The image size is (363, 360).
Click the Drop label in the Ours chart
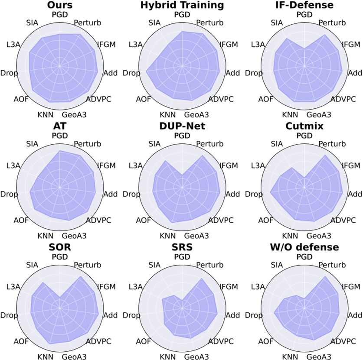tap(10, 73)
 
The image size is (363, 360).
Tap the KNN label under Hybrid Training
tap(167, 115)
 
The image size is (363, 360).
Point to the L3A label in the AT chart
tap(14, 165)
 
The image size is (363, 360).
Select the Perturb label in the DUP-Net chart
tap(209, 144)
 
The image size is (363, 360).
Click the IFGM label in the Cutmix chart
tap(351, 165)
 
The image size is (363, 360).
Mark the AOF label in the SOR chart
tap(20, 341)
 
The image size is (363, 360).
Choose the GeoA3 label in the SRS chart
tap(196, 357)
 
